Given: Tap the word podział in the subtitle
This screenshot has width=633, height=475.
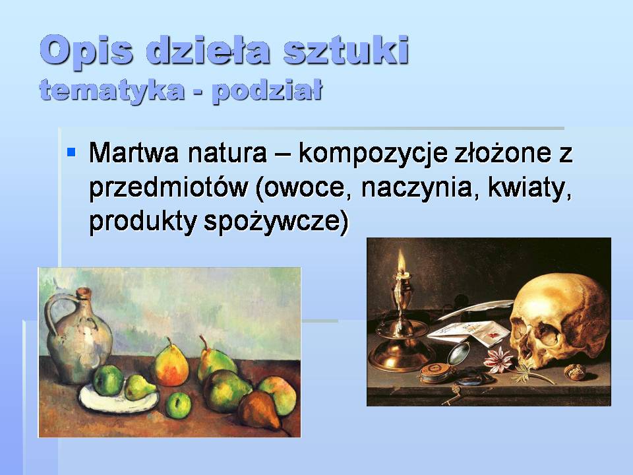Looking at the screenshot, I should click(266, 90).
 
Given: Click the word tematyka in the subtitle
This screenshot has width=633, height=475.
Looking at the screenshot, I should click(106, 90).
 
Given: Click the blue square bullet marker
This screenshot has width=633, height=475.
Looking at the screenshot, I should click(72, 152).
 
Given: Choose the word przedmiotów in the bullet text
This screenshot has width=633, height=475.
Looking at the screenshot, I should click(168, 189).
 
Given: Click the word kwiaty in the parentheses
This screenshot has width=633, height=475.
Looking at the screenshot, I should click(527, 189).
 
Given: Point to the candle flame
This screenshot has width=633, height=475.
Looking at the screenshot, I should click(400, 263).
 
